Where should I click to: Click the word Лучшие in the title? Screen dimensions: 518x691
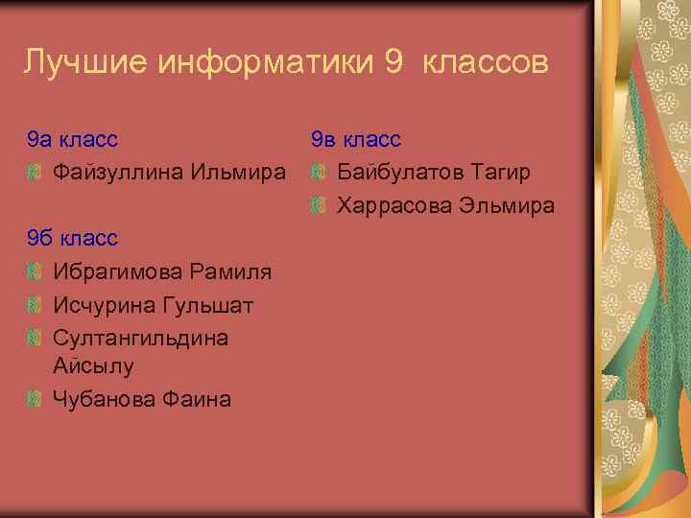[84, 63]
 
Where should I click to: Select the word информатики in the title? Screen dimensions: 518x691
[265, 63]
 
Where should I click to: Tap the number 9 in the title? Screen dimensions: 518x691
[393, 63]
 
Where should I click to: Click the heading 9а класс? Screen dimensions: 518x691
[73, 140]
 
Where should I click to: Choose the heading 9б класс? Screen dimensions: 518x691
[73, 238]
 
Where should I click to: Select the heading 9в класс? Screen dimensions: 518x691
[356, 140]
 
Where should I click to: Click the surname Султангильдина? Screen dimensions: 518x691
[140, 338]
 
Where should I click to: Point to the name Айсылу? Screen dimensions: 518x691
[93, 365]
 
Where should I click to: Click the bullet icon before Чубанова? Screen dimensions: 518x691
[36, 398]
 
